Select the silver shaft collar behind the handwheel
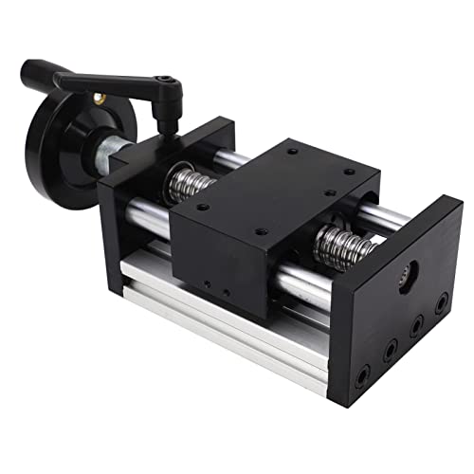[x=106, y=152]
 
